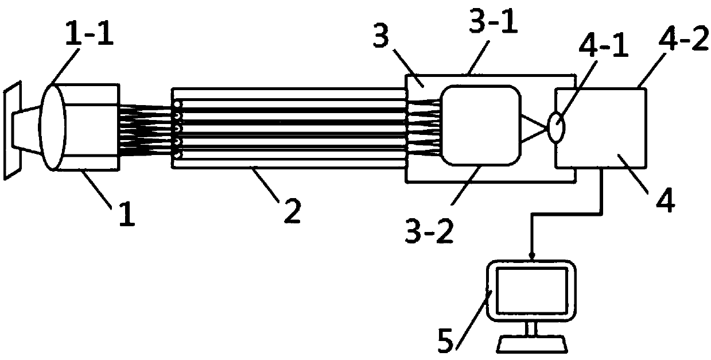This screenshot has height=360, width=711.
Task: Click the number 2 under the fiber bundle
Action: coord(292,213)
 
